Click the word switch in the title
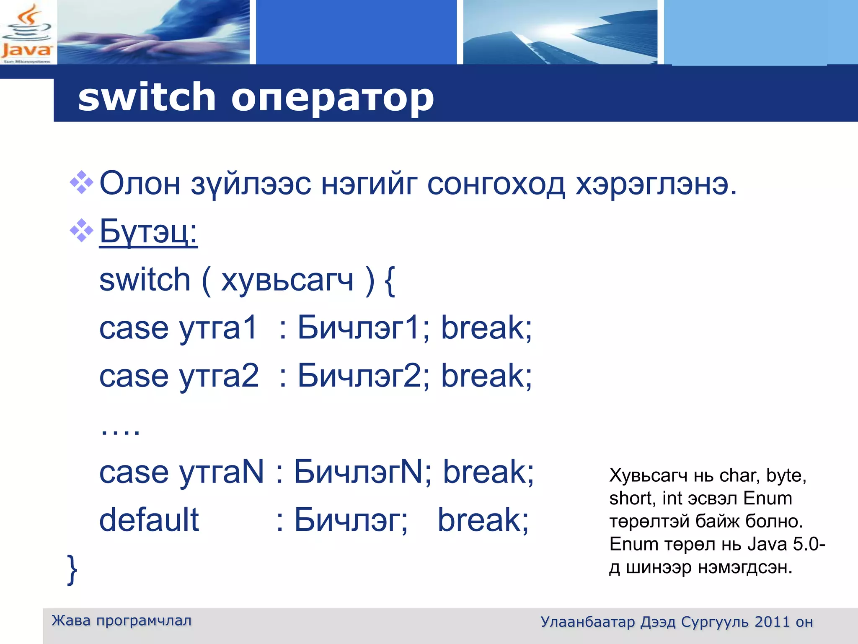click(147, 97)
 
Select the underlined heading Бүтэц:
click(148, 232)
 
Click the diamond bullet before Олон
click(81, 183)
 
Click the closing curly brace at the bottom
click(72, 569)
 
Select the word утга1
click(218, 328)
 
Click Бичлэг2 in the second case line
click(363, 376)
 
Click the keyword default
click(149, 520)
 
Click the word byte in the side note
click(786, 475)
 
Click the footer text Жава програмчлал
click(121, 621)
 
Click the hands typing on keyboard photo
click(153, 32)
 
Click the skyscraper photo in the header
click(560, 32)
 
